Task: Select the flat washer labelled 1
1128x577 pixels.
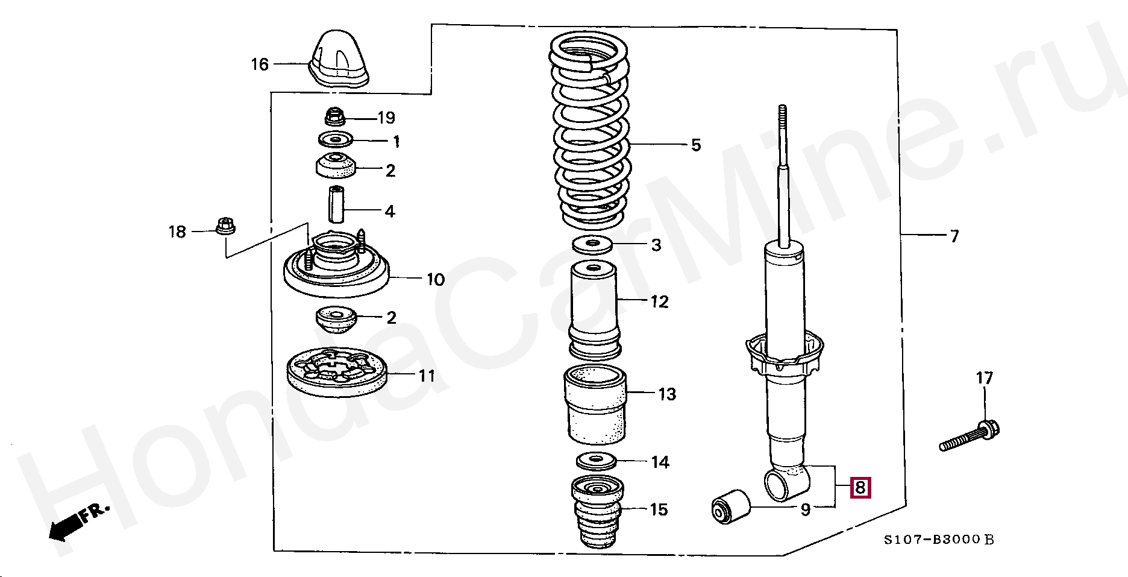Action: pos(335,140)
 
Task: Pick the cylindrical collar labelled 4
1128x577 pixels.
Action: pos(336,205)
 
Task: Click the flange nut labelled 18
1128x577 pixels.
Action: pos(225,227)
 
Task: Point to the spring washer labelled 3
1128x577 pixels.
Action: pos(592,245)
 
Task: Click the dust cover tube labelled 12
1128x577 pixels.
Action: pos(594,311)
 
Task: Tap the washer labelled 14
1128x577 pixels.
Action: pos(596,462)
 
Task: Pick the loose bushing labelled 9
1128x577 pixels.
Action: pos(730,508)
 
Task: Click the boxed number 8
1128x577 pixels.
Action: pos(860,487)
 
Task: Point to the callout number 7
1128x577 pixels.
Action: pos(954,236)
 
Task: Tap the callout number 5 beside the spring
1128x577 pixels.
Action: pos(696,145)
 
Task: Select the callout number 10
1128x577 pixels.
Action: pos(436,280)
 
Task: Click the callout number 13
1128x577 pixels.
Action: pos(667,394)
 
